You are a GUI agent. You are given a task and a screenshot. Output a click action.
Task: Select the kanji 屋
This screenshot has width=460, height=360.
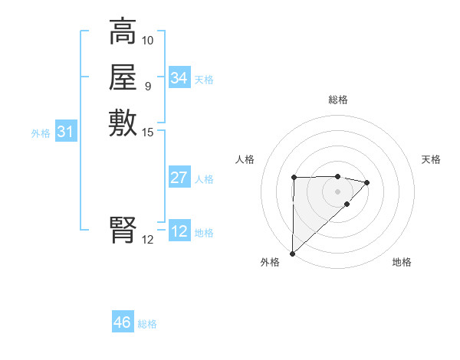pyautogui.click(x=123, y=77)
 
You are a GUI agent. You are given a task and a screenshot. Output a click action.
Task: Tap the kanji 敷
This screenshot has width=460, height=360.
pyautogui.click(x=123, y=123)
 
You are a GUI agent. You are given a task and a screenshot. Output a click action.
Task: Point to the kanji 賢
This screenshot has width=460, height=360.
pyautogui.click(x=123, y=231)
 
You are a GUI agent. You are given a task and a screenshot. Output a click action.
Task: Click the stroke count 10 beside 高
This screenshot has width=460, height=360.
pyautogui.click(x=148, y=40)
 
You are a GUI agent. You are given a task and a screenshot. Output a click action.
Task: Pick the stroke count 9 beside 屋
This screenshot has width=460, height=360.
pyautogui.click(x=147, y=86)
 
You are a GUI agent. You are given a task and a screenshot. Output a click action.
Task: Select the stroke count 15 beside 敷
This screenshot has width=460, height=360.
pyautogui.click(x=148, y=132)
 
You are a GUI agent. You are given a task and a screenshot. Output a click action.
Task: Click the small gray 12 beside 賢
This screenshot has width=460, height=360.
pyautogui.click(x=148, y=239)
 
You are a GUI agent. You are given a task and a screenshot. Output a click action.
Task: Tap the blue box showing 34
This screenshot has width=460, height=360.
pyautogui.click(x=179, y=78)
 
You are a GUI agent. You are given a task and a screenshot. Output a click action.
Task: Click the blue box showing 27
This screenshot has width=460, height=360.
pyautogui.click(x=179, y=178)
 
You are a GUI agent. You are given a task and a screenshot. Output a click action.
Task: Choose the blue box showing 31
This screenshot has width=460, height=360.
pyautogui.click(x=65, y=133)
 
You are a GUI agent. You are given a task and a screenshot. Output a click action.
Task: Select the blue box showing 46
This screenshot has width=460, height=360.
pyautogui.click(x=123, y=322)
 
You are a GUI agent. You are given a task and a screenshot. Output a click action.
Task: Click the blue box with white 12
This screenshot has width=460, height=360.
pyautogui.click(x=179, y=231)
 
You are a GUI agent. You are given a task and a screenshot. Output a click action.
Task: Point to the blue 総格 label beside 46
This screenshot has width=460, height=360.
pyautogui.click(x=147, y=324)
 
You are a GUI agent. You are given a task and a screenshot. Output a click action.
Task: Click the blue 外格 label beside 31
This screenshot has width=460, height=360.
pyautogui.click(x=41, y=133)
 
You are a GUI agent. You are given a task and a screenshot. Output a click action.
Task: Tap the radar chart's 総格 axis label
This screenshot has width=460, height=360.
pyautogui.click(x=337, y=100)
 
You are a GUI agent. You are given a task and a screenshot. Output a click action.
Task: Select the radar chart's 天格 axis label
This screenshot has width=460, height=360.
pyautogui.click(x=431, y=159)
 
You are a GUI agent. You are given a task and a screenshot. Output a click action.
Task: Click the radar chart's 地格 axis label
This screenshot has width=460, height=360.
pyautogui.click(x=402, y=262)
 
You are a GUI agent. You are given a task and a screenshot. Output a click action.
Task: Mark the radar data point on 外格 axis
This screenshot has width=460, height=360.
pyautogui.click(x=292, y=253)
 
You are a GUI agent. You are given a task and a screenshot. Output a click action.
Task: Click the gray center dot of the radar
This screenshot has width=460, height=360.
pyautogui.click(x=337, y=191)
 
